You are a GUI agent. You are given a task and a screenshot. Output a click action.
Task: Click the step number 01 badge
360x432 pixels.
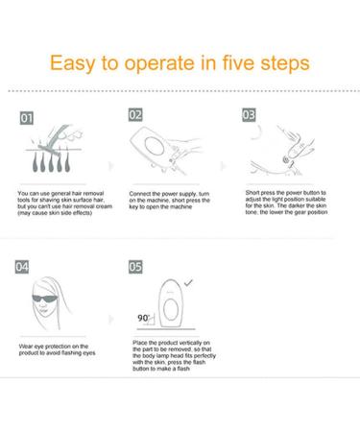27,118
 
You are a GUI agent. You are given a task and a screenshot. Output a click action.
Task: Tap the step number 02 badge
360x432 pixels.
135,115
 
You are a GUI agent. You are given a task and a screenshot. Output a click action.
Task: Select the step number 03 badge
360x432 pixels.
249,115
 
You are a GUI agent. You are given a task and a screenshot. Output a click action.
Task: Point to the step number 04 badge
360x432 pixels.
22,267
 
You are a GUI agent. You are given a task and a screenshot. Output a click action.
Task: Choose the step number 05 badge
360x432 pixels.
135,267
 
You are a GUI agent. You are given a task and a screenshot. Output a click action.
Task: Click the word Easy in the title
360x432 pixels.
72,63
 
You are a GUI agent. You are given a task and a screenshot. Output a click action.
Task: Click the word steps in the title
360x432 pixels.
285,63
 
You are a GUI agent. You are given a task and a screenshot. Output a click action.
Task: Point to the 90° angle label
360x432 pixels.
144,318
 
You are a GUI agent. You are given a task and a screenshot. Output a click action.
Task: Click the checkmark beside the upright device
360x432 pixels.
188,282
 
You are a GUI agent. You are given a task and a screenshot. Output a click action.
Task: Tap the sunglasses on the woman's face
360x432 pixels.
44,300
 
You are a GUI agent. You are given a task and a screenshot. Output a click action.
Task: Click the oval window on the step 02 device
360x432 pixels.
155,146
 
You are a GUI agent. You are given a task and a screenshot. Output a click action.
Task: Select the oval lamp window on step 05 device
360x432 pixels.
171,310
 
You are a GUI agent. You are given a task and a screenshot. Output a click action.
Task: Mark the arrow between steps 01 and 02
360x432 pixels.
111,166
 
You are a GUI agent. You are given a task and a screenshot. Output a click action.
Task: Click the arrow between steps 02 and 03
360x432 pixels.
224,166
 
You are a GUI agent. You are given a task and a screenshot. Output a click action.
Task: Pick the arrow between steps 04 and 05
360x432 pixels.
111,319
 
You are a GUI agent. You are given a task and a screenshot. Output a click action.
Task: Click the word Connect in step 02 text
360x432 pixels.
141,194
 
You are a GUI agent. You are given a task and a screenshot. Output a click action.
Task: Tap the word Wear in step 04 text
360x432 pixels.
25,347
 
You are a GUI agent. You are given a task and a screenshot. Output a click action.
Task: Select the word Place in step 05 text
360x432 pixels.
140,343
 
